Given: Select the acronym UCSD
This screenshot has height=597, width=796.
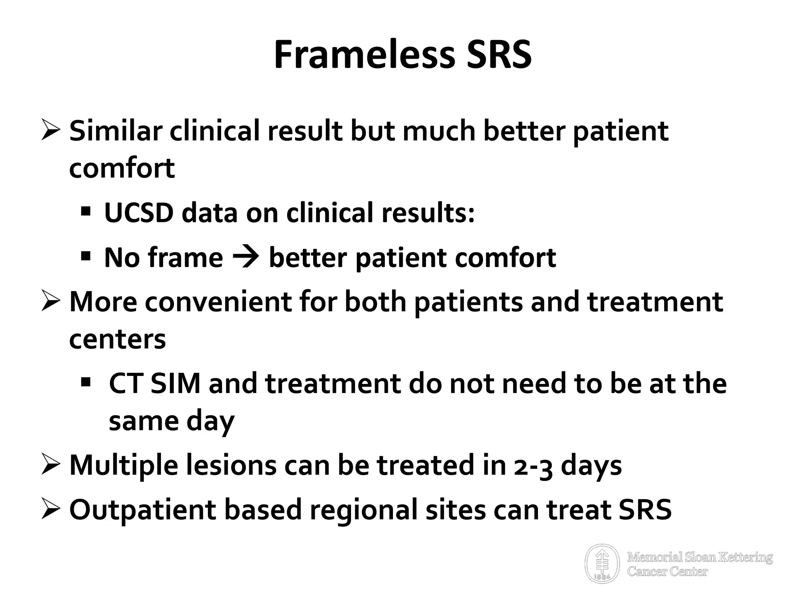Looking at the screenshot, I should pos(139,213).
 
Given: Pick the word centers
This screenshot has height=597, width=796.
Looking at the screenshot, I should pos(117,339).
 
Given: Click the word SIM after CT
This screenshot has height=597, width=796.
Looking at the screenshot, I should pos(175,383).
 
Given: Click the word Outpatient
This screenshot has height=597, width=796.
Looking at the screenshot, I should pos(142,510).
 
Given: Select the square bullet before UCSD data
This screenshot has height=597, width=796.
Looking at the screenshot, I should pos(86,212).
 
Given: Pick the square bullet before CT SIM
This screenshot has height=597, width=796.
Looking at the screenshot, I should pos(86,382).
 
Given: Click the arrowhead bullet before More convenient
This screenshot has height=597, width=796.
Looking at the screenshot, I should pos(50,301).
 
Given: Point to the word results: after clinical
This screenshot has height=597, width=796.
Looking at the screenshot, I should pos(428,213).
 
